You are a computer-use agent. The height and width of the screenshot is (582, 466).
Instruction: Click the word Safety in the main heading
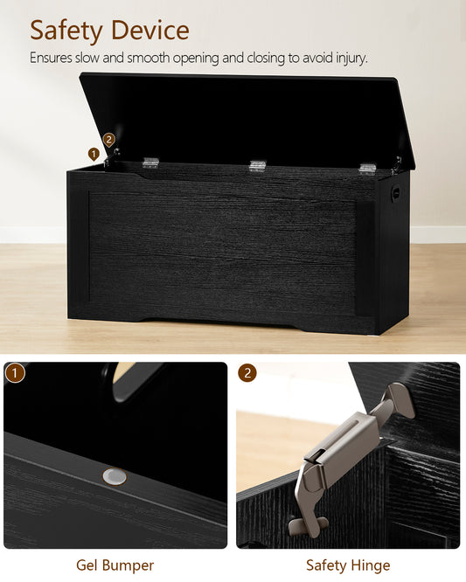tap(66, 31)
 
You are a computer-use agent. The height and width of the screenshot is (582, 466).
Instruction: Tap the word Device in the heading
tap(150, 30)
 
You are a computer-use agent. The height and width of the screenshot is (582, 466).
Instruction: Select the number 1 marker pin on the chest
tap(94, 154)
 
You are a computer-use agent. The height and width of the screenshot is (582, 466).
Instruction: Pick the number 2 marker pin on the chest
tap(108, 141)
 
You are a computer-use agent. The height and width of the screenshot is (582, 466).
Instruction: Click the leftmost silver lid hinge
tap(150, 163)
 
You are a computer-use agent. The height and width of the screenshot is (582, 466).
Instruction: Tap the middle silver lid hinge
tap(258, 166)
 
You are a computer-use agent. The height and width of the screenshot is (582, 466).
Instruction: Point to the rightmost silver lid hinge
tap(367, 169)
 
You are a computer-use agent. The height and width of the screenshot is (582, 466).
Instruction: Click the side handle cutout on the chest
tap(395, 192)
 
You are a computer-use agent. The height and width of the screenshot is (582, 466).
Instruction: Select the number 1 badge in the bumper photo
tap(15, 373)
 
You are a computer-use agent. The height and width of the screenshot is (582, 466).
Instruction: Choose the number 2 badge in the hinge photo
tap(247, 373)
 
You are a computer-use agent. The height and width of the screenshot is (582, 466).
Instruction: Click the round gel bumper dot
tap(115, 476)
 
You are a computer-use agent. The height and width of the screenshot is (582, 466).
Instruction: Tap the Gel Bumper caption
tap(115, 565)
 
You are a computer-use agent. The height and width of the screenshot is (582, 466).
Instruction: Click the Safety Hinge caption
tap(348, 565)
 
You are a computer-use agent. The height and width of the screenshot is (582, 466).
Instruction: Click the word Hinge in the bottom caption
tap(369, 566)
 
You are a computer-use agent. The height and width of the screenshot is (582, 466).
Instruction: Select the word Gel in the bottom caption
tap(87, 565)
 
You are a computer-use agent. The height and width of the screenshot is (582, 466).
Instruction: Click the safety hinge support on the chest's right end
tap(397, 166)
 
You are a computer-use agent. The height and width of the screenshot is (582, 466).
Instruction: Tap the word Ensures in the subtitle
tap(51, 58)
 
